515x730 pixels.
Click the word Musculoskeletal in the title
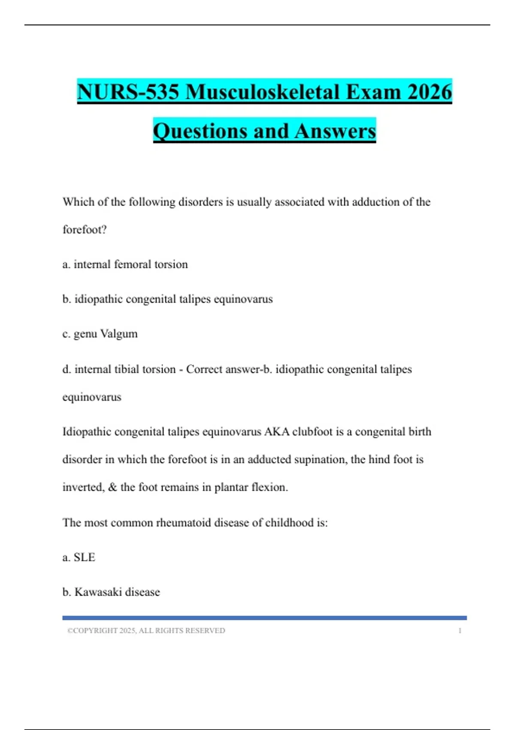[x=263, y=92]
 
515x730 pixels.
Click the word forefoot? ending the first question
[x=85, y=230]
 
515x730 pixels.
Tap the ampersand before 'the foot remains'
[x=112, y=487]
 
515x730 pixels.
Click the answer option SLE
[x=85, y=557]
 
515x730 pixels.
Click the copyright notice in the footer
[x=146, y=631]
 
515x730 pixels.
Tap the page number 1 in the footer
[x=460, y=631]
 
